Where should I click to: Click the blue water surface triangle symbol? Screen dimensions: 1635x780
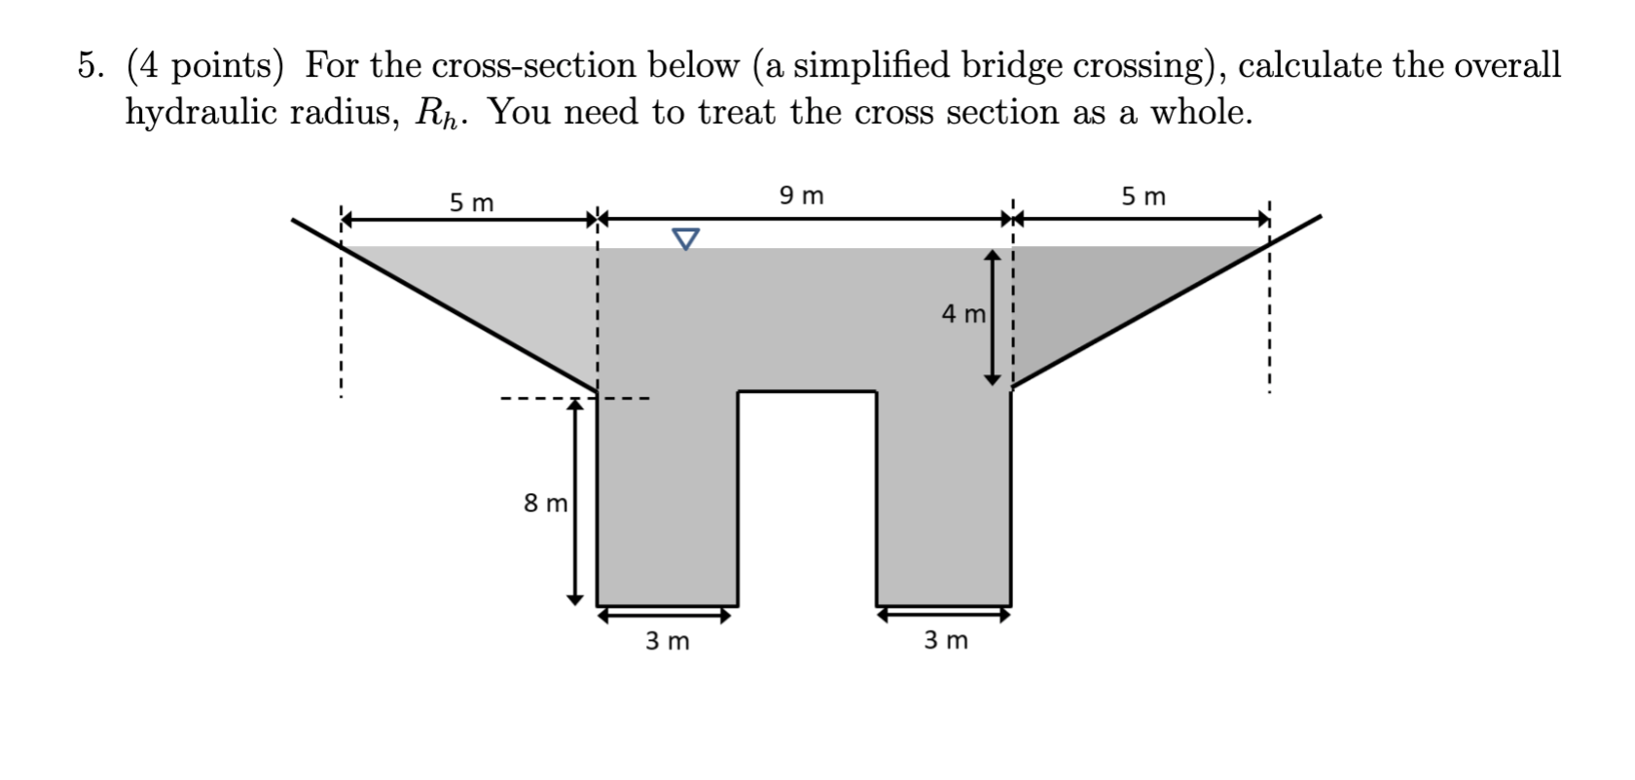click(686, 238)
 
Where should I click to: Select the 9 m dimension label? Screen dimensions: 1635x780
click(801, 195)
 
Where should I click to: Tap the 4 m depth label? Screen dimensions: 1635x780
click(963, 314)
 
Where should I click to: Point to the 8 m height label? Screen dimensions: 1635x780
click(545, 503)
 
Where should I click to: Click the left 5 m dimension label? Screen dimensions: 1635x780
click(471, 202)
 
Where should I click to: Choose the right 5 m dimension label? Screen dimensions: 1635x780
click(1143, 196)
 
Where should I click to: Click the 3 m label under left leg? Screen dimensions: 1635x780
click(668, 641)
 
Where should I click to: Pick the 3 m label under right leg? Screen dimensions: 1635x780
click(945, 640)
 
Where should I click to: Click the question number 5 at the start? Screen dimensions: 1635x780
click(91, 66)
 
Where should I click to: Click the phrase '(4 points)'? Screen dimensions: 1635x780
click(205, 66)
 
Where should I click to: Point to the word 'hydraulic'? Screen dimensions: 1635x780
click(200, 113)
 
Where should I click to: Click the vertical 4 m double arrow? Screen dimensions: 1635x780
click(992, 317)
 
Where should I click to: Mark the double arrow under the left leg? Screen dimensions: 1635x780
click(665, 615)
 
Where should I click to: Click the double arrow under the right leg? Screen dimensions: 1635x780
click(943, 615)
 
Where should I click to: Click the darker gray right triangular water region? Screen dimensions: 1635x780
click(1100, 292)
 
